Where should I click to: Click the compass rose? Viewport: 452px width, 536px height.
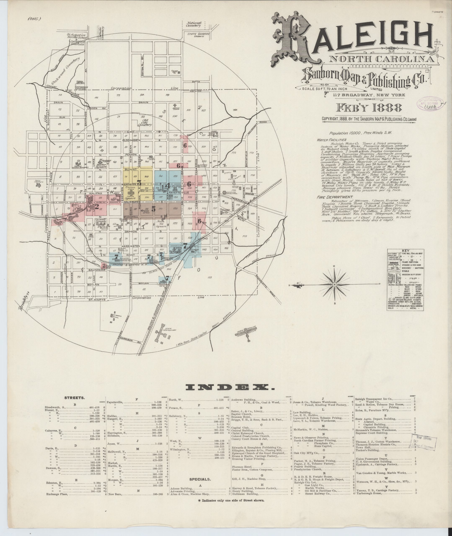tap(335, 285)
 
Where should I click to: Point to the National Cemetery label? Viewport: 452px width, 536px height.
tap(194, 24)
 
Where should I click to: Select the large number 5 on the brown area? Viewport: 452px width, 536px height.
tap(154, 209)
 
